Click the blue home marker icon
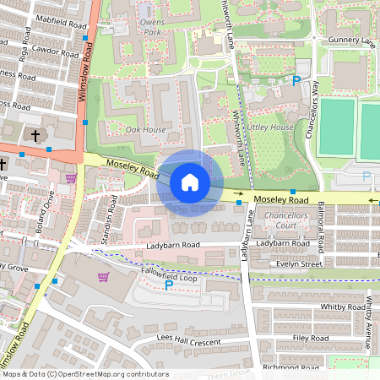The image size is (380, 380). (x=190, y=182)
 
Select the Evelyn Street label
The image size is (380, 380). (x=300, y=263)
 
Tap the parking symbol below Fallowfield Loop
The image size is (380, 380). (x=168, y=286)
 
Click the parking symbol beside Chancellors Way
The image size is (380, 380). (x=296, y=81)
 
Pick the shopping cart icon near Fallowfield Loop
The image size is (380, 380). (x=103, y=277)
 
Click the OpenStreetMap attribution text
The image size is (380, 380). (x=84, y=374)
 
